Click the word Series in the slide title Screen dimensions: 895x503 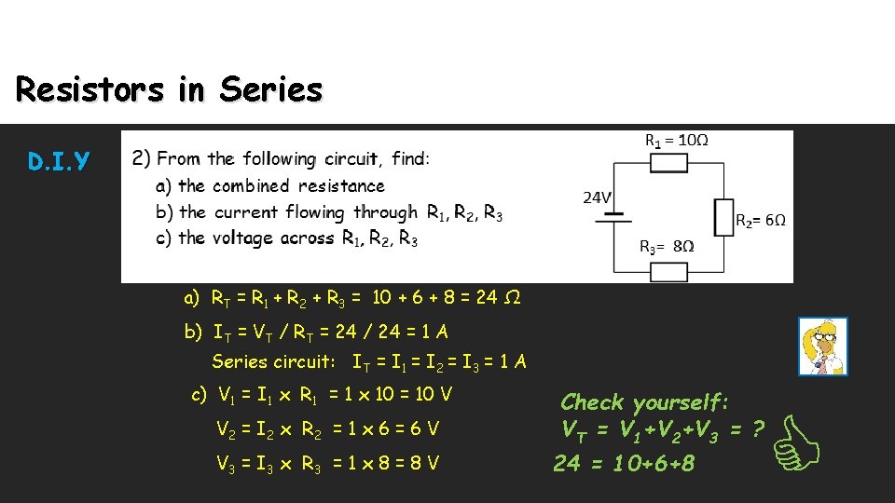click(x=271, y=90)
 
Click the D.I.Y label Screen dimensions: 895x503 click(x=60, y=163)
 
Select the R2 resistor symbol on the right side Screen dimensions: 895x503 click(x=723, y=215)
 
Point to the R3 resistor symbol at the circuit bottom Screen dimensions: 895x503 click(x=668, y=272)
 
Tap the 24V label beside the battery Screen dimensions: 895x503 click(x=598, y=197)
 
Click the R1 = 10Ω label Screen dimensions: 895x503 click(x=677, y=141)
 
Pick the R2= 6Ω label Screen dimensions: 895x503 click(x=761, y=221)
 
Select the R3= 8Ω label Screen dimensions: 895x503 click(x=666, y=247)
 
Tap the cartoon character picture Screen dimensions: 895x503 click(x=822, y=347)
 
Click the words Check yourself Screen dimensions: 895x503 click(x=644, y=402)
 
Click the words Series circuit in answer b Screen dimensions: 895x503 click(x=273, y=361)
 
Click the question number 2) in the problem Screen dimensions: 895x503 click(x=142, y=158)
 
